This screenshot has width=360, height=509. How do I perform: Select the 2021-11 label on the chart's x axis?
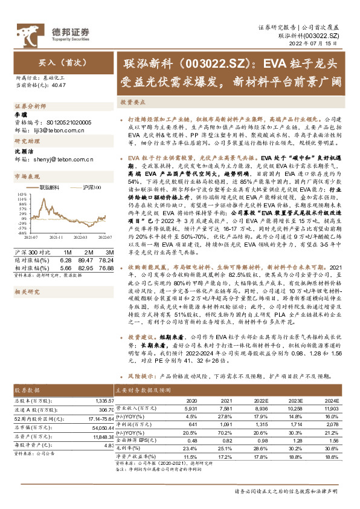click(x=56, y=238)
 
